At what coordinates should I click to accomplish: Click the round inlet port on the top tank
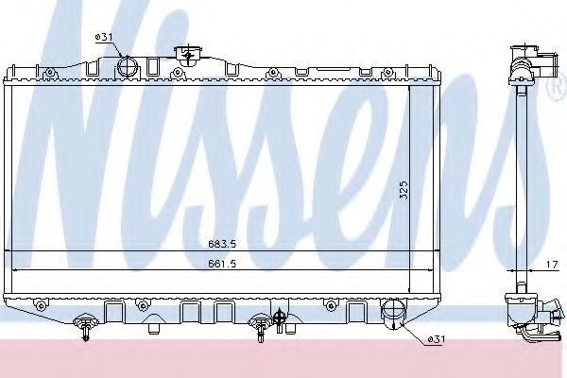click(x=127, y=65)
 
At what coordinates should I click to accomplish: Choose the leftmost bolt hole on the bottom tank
click(x=43, y=304)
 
